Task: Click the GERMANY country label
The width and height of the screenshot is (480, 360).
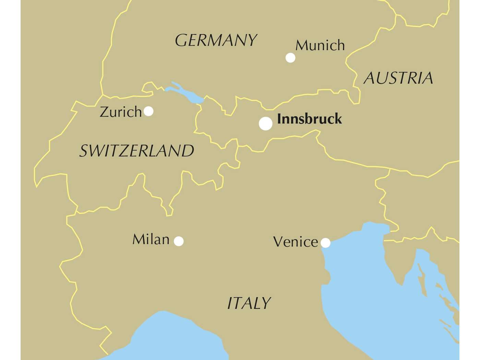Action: pyautogui.click(x=216, y=40)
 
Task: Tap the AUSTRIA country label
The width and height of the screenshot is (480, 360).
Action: pyautogui.click(x=398, y=78)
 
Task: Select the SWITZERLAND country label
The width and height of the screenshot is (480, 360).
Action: pyautogui.click(x=137, y=151)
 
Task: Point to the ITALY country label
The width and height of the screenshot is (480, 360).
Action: pyautogui.click(x=249, y=303)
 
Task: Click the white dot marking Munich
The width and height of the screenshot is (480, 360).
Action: pyautogui.click(x=290, y=58)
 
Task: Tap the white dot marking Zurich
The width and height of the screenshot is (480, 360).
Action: pyautogui.click(x=148, y=111)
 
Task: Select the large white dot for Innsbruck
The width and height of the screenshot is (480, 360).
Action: pyautogui.click(x=265, y=123)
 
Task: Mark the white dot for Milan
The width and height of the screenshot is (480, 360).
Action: pyautogui.click(x=179, y=241)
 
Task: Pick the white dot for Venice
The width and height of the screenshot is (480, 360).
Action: pyautogui.click(x=325, y=243)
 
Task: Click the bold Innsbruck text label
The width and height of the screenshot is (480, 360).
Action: pyautogui.click(x=309, y=119)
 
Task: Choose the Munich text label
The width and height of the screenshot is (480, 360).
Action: pyautogui.click(x=320, y=45)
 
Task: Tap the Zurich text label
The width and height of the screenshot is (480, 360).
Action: pyautogui.click(x=121, y=112)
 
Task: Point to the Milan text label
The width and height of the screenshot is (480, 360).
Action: pyautogui.click(x=151, y=239)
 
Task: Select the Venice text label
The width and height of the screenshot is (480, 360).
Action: pyautogui.click(x=296, y=242)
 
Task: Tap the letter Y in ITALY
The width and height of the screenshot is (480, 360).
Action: pyautogui.click(x=265, y=303)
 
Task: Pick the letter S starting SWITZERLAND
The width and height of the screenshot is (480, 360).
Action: pyautogui.click(x=84, y=151)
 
